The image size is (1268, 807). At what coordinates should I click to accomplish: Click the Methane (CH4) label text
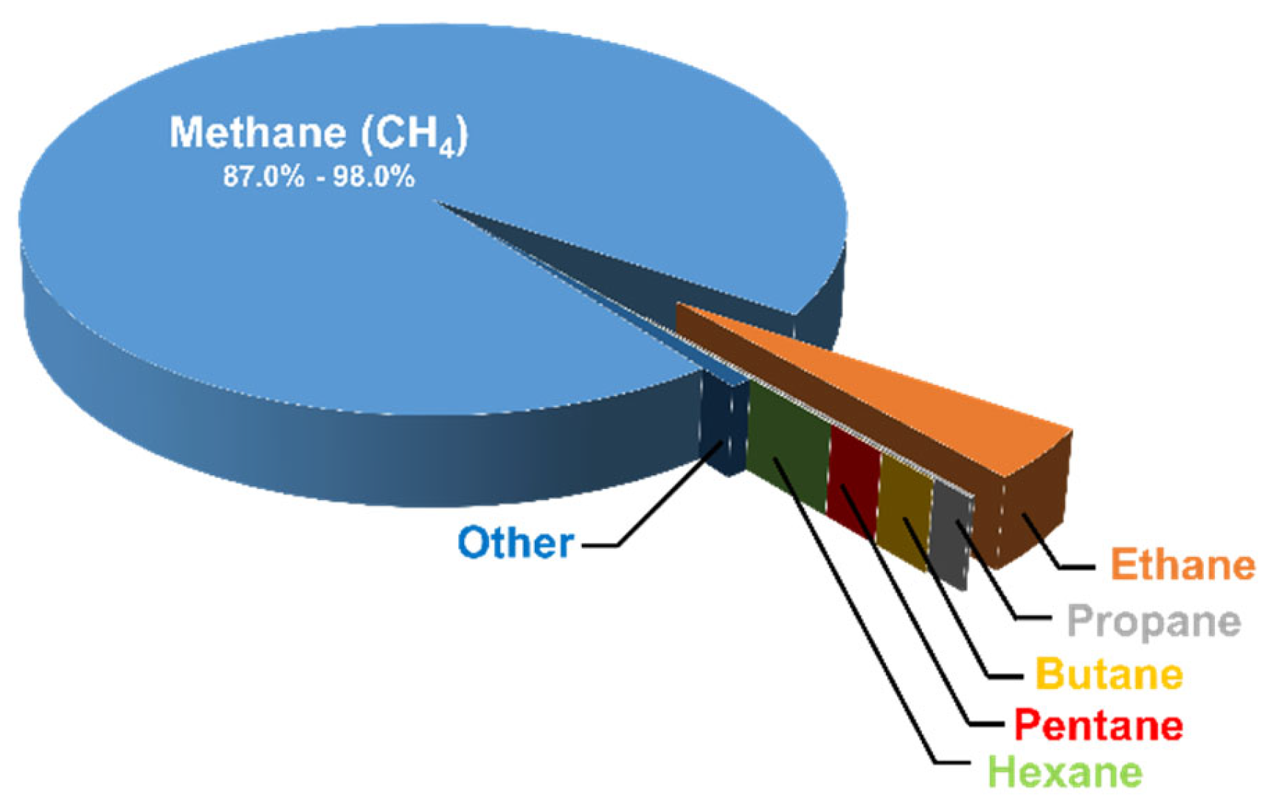pyautogui.click(x=319, y=134)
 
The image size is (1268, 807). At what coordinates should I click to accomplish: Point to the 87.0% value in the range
pyautogui.click(x=263, y=177)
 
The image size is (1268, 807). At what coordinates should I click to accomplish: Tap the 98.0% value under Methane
pyautogui.click(x=373, y=177)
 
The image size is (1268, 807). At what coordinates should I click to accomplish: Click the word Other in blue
pyautogui.click(x=515, y=544)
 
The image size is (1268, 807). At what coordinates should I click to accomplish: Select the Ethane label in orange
pyautogui.click(x=1182, y=566)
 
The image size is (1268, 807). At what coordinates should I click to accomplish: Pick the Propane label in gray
pyautogui.click(x=1153, y=621)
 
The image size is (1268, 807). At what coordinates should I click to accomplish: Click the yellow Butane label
pyautogui.click(x=1109, y=674)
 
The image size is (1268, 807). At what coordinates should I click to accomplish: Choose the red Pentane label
pyautogui.click(x=1098, y=725)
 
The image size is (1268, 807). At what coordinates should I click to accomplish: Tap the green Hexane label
pyautogui.click(x=1064, y=772)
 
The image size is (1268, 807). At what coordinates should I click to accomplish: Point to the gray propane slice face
pyautogui.click(x=949, y=535)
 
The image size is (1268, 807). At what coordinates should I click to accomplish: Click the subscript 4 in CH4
pyautogui.click(x=446, y=150)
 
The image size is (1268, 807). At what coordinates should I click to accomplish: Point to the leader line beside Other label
pyautogui.click(x=599, y=546)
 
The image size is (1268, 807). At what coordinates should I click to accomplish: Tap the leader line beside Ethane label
pyautogui.click(x=1077, y=567)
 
